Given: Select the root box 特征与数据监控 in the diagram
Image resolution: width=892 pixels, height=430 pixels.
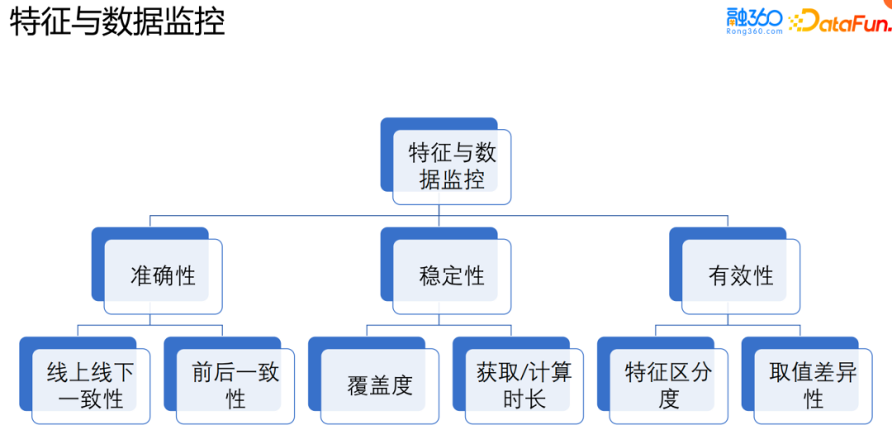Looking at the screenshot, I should coord(451,166).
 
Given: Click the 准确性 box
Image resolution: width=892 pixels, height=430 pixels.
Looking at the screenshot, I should coord(163,276).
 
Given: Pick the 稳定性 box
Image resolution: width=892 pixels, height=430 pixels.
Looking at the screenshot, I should coord(451,276).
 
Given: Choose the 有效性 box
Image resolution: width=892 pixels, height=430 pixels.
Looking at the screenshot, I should coord(740,276).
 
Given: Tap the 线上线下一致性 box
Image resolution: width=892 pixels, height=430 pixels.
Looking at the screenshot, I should coord(90,386).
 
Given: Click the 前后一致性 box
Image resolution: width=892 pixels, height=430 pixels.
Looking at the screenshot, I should coord(235,386).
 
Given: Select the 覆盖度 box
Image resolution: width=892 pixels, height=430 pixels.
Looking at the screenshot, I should coord(379,386).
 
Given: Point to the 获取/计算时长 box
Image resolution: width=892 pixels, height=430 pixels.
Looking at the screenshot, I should coord(524,386).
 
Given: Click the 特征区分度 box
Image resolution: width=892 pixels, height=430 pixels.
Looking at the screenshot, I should coord(668,386).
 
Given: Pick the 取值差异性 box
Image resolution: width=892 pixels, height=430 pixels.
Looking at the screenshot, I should coord(813,386).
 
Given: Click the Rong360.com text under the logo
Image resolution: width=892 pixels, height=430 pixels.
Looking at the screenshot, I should coord(753,31).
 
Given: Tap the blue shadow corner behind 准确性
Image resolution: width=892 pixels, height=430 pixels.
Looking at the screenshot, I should coord(97,234).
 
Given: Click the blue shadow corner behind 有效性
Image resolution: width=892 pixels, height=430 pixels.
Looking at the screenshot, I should coord(675,234).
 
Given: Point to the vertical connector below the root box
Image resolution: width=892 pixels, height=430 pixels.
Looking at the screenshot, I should coord(439,210).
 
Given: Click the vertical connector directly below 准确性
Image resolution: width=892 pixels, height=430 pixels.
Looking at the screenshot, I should coord(149,319).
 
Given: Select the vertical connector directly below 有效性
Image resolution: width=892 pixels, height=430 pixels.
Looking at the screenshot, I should coord(728,319).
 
